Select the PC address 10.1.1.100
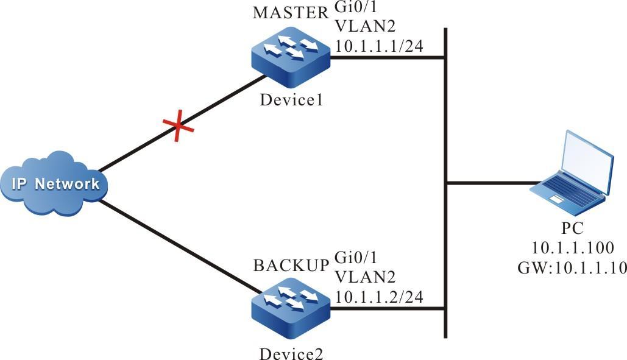tap(571, 248)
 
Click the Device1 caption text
tap(290, 99)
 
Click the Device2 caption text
tap(290, 352)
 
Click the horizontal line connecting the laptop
tap(494, 182)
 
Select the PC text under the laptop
tap(571, 229)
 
